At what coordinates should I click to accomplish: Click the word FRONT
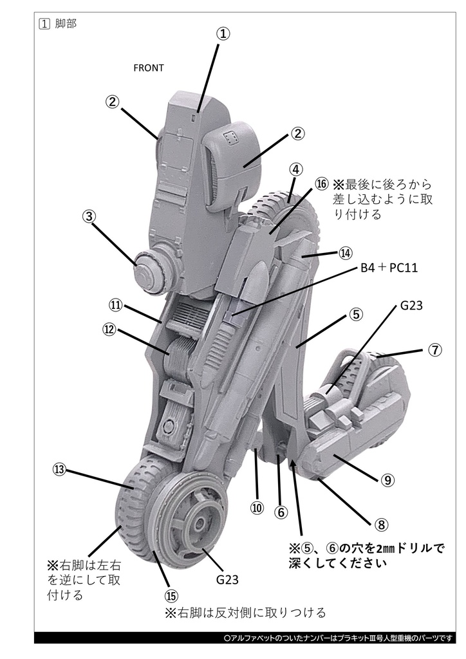click(x=148, y=68)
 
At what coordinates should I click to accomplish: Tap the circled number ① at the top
click(x=223, y=34)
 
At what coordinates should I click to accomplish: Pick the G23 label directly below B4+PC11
click(x=411, y=306)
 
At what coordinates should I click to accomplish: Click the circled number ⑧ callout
click(x=380, y=524)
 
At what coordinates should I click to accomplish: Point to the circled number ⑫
click(x=110, y=329)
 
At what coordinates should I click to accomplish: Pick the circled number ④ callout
click(x=295, y=169)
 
